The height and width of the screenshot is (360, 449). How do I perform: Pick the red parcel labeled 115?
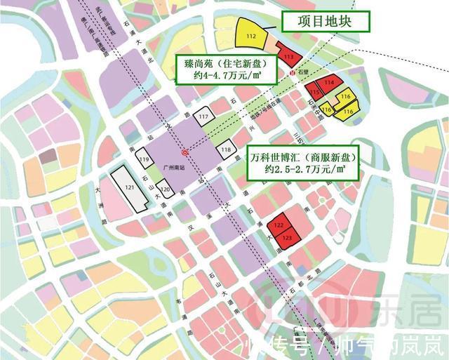click(315, 93)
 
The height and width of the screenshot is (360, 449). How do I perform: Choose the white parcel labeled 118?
click(226, 150)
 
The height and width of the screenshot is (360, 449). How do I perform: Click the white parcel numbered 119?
click(144, 160)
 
